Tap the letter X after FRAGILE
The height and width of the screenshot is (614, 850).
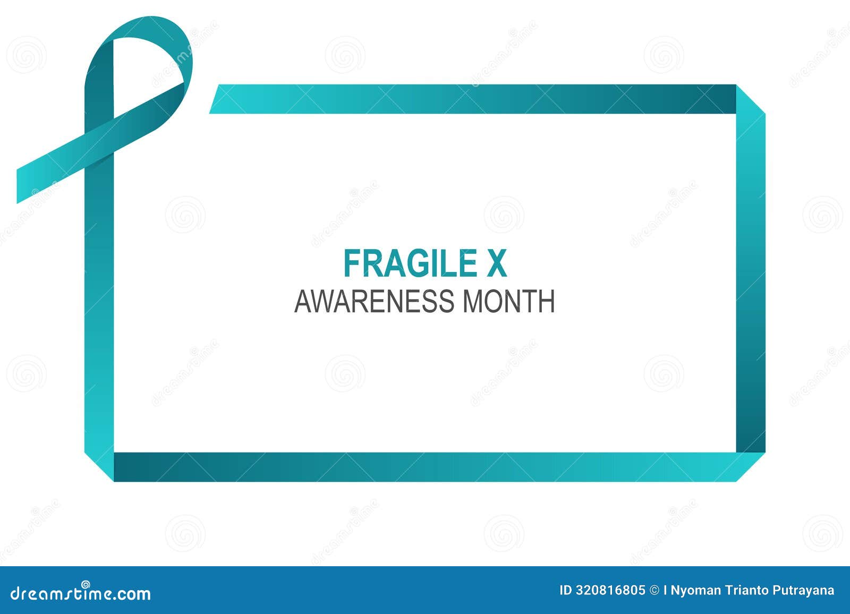point(497,263)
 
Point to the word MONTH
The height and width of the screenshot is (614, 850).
point(509,301)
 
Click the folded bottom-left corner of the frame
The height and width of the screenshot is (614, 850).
point(100,466)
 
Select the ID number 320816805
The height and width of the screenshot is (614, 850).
point(610,590)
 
